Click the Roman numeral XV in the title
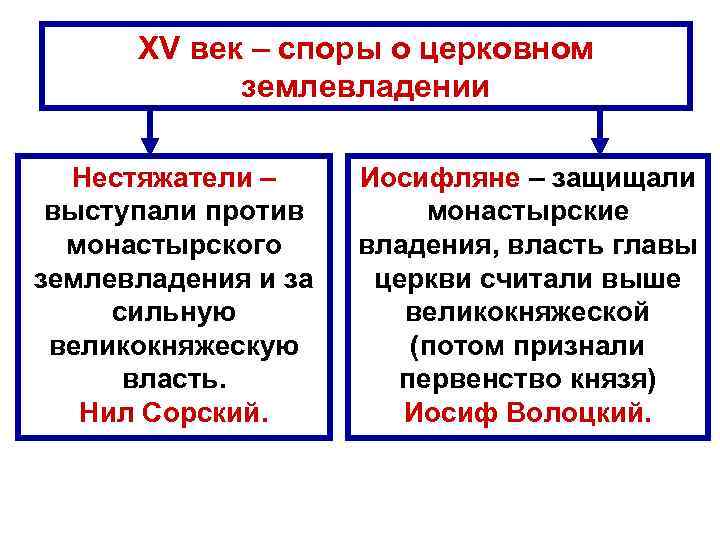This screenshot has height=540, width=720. (158, 49)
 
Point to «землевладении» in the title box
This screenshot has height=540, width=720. (365, 86)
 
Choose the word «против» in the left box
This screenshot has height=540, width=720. (254, 211)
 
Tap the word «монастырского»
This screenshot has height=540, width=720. (173, 245)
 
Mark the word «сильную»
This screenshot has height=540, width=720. (173, 313)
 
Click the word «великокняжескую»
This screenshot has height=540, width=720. (173, 346)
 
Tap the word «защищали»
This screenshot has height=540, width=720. (621, 178)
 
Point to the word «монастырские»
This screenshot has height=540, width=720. (527, 211)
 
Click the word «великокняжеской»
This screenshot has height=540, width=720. (527, 313)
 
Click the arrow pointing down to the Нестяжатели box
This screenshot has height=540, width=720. (150, 128)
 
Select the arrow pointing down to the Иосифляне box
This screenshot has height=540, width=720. (600, 128)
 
